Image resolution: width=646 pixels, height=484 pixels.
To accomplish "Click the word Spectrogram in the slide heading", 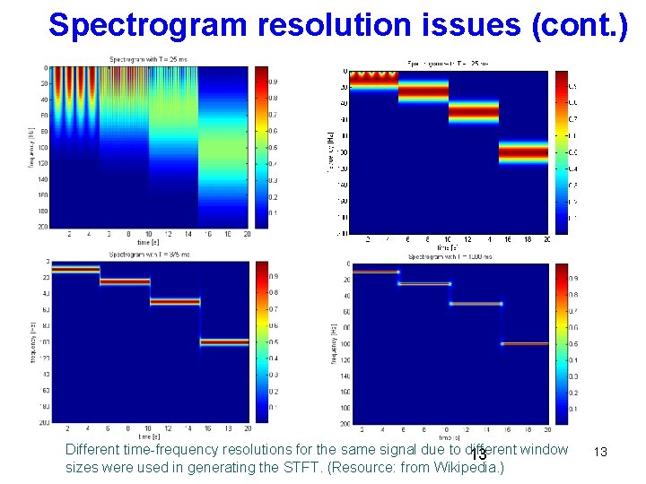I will click(x=148, y=24).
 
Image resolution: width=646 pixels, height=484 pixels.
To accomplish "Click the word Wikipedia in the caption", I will click(x=468, y=468).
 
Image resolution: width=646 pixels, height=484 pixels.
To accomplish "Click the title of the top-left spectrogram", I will click(x=149, y=59).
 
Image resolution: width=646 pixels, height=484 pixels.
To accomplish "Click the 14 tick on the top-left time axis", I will click(x=188, y=235).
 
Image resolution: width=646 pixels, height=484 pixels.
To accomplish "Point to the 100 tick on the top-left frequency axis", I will click(x=42, y=147).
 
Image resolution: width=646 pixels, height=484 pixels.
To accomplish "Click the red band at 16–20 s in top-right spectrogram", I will click(x=523, y=152).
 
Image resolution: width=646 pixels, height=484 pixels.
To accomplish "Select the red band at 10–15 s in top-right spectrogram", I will click(x=473, y=113).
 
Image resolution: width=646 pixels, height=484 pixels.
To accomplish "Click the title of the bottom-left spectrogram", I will click(x=149, y=255).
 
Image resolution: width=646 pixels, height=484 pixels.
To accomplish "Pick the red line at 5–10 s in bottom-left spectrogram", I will click(x=124, y=281).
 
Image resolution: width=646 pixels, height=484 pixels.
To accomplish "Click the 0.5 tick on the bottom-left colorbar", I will click(x=275, y=341).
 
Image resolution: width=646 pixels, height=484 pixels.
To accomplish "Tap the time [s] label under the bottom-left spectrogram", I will click(x=149, y=436).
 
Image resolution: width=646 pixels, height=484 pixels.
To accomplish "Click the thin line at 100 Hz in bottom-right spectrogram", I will click(x=524, y=343).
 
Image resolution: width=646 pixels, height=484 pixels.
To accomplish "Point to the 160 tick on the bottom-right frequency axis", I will click(x=345, y=392).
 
